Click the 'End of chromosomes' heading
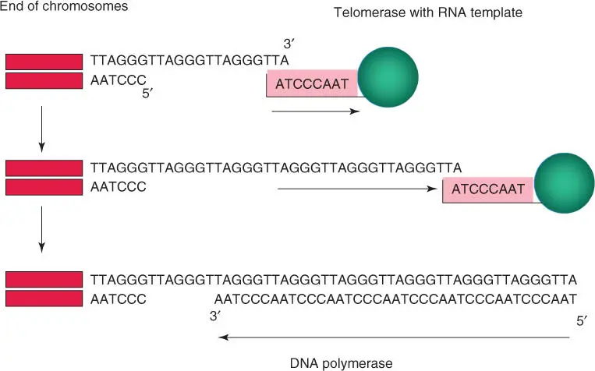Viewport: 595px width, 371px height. point(64,7)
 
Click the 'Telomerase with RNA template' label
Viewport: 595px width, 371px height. point(416,12)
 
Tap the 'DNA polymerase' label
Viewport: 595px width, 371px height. point(341,362)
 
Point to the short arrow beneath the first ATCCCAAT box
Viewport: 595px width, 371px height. point(315,111)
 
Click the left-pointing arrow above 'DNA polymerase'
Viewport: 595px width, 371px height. point(394,337)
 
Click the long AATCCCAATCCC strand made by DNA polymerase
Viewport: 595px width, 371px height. point(395,298)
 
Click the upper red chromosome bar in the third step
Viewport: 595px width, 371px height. point(44,278)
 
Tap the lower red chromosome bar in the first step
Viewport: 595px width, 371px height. point(44,80)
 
